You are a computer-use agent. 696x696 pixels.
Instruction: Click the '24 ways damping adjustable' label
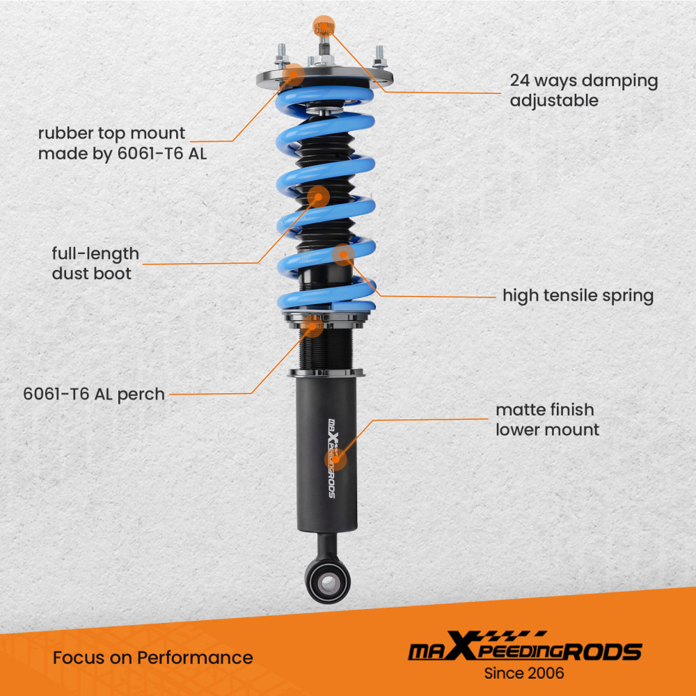583,90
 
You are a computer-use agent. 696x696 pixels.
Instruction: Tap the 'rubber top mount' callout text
122,143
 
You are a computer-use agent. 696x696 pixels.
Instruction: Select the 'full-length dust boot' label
95,263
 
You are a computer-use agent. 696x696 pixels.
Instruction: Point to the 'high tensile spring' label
578,296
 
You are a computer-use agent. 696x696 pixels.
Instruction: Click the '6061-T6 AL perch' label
94,394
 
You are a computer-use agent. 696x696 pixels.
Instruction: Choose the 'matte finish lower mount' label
547,420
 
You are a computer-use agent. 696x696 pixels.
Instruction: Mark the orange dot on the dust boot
318,197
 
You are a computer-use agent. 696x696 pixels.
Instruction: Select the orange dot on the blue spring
342,255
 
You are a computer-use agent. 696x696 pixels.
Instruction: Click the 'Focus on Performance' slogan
152,658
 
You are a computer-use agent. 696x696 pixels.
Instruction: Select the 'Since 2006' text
525,673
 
